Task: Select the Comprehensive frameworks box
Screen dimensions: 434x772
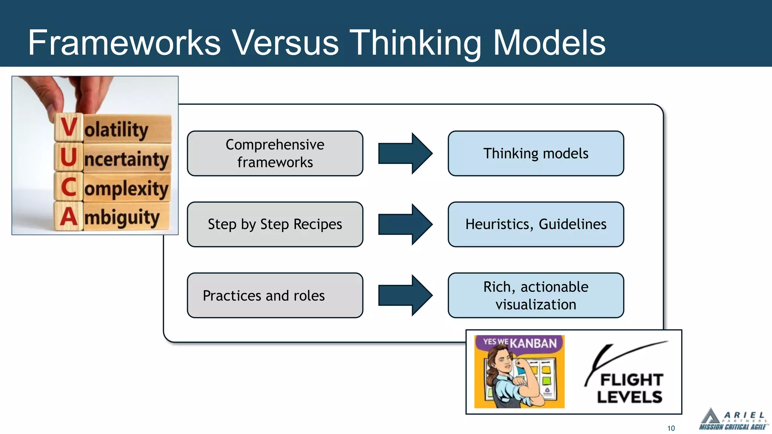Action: pos(275,153)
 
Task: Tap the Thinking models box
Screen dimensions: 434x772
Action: pos(536,153)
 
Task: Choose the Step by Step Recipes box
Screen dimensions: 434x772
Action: pos(275,224)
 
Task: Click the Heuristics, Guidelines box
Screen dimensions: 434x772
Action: pos(536,224)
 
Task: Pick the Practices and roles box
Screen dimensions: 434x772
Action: pos(275,295)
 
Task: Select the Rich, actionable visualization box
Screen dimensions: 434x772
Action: pos(536,295)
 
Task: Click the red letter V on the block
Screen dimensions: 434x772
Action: pos(69,127)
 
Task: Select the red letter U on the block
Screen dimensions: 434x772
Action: pos(69,157)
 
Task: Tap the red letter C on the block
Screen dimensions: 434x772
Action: pos(69,187)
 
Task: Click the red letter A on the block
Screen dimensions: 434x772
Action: pos(69,217)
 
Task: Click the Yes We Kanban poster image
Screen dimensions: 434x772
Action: pos(519,371)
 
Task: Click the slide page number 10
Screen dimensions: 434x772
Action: pos(671,428)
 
